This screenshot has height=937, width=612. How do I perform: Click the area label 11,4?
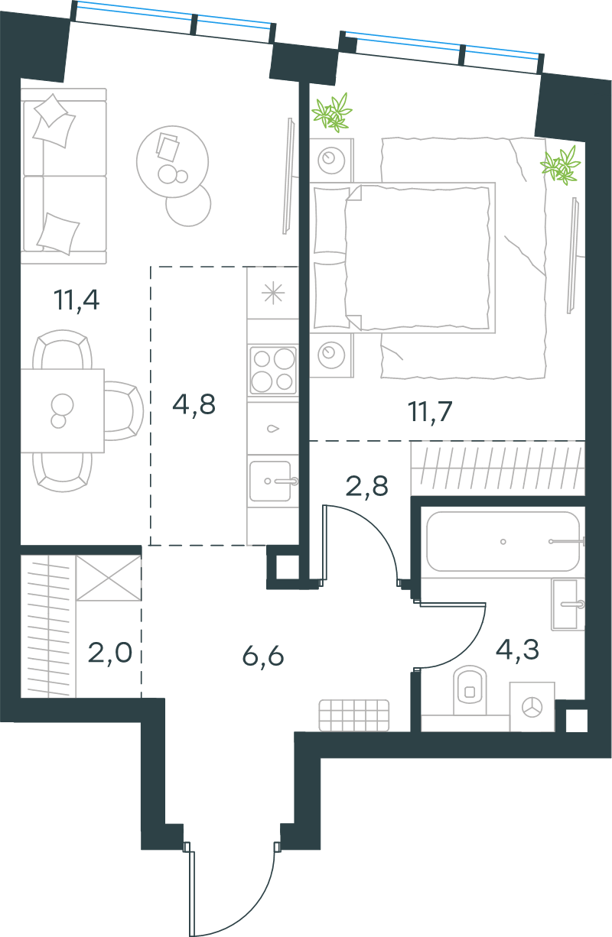point(76,300)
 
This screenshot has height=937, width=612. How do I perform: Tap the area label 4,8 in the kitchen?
point(194,404)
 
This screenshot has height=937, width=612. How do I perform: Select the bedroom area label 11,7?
point(430,412)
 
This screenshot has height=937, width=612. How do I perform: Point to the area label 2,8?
point(366,486)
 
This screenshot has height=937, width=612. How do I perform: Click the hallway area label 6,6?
point(263,656)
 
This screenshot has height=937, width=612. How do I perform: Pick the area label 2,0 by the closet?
point(109,653)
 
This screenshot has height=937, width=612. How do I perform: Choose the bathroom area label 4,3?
point(517,649)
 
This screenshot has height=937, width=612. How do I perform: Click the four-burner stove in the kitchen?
point(273,370)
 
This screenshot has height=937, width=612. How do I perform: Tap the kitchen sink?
point(272,481)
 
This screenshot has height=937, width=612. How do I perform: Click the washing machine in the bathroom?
point(532,707)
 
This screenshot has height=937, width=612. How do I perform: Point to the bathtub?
point(503,541)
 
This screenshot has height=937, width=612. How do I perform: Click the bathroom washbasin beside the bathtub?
point(568,604)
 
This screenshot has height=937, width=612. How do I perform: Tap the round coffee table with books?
point(172,161)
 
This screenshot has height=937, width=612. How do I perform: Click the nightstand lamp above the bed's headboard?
point(331,160)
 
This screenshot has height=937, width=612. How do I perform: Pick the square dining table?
point(63,410)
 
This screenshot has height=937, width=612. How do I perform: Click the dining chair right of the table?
point(124,410)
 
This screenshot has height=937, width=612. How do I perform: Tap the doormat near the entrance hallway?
point(354,715)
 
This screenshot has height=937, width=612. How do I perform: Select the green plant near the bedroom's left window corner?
point(332,112)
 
